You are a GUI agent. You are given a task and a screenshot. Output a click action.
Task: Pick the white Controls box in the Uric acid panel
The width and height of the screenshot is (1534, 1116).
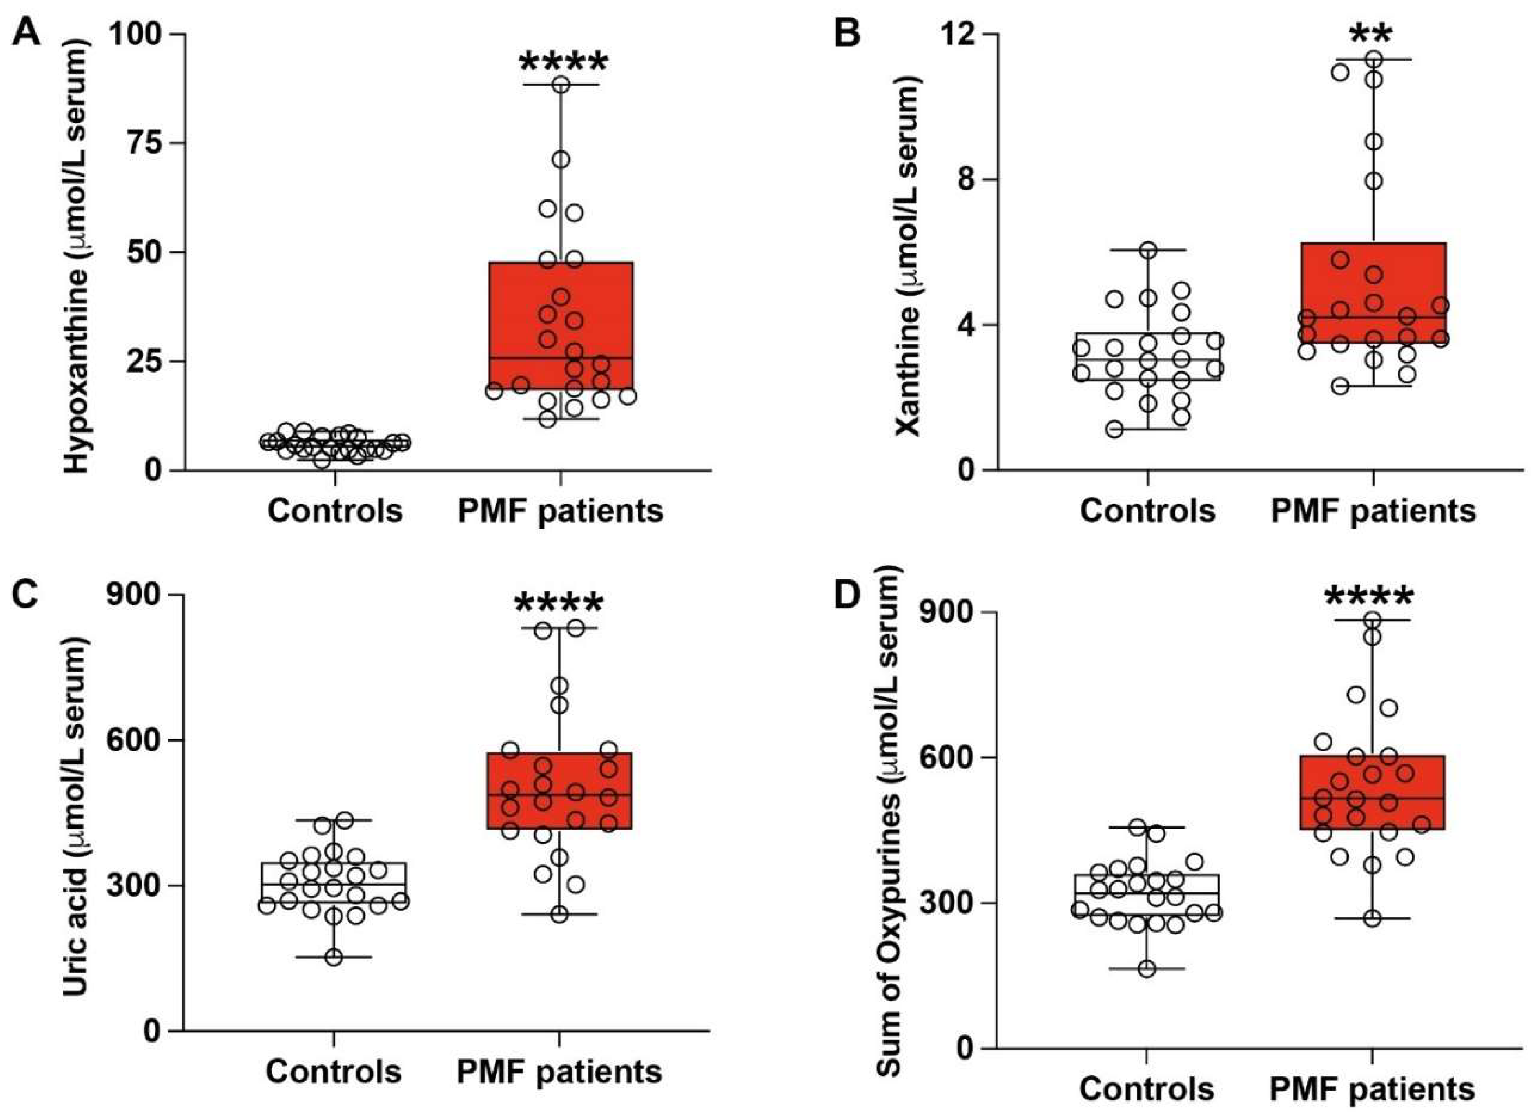pos(334,882)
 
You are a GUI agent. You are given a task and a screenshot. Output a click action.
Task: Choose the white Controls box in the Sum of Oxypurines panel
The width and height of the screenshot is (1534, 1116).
pos(1147,893)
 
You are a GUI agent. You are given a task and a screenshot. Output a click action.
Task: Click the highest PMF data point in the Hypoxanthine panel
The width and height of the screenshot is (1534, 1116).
pos(561,84)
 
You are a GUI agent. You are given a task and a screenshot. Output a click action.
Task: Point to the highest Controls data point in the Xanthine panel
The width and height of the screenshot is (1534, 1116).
pos(1148,250)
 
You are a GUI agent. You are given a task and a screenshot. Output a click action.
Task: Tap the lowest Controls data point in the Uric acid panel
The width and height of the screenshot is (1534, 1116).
pos(334,958)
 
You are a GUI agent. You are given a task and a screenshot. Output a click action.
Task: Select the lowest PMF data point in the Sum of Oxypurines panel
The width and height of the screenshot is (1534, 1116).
pos(1372,918)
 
